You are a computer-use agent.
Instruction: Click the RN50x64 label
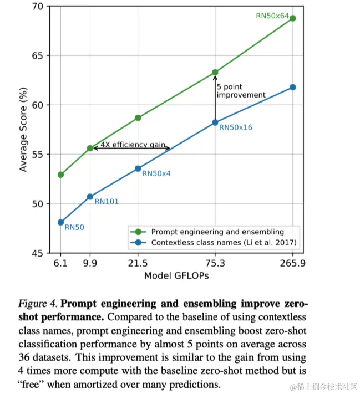(272, 16)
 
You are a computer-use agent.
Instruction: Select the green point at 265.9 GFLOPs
(292, 18)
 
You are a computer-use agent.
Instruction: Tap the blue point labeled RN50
(60, 222)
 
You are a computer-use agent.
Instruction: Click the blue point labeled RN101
(90, 197)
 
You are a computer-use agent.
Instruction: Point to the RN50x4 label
(156, 173)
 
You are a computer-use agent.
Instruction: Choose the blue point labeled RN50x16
(215, 122)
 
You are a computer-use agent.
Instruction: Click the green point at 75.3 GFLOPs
(215, 72)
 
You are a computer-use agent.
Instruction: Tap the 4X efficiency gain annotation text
(133, 145)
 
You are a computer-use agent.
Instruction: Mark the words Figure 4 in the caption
(37, 304)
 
